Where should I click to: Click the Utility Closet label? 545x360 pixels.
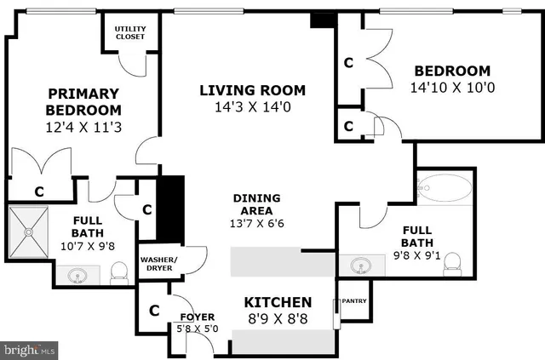click(130, 32)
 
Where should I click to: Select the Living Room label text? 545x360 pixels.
click(252, 90)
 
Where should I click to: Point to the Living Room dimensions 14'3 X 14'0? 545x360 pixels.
click(252, 107)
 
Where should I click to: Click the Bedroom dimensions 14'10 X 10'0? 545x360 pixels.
click(452, 88)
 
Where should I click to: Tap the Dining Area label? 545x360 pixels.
click(257, 204)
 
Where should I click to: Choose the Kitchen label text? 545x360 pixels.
click(278, 302)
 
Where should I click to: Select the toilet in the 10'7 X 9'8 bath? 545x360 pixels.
click(119, 271)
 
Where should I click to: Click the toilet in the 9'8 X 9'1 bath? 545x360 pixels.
click(454, 261)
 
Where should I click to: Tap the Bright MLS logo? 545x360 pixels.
click(30, 349)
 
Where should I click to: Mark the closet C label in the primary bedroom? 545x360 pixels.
click(38, 191)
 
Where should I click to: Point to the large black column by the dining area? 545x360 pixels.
click(172, 209)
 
